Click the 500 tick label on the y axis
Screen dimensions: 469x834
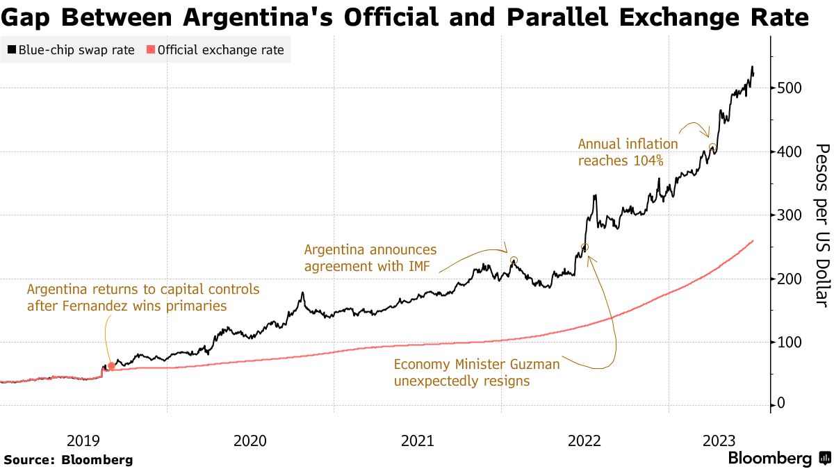point(790,88)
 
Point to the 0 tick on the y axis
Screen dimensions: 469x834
point(782,404)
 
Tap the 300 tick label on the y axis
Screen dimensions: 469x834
point(790,215)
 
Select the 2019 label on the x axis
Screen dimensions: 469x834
point(83,441)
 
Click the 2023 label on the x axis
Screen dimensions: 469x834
point(720,441)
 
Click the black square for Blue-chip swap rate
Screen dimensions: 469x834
point(12,50)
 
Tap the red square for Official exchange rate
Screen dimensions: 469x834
point(151,50)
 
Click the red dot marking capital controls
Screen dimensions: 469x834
point(111,365)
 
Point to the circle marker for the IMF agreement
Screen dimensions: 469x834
point(514,261)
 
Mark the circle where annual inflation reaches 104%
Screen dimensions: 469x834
point(712,147)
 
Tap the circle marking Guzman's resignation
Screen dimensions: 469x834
point(584,247)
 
